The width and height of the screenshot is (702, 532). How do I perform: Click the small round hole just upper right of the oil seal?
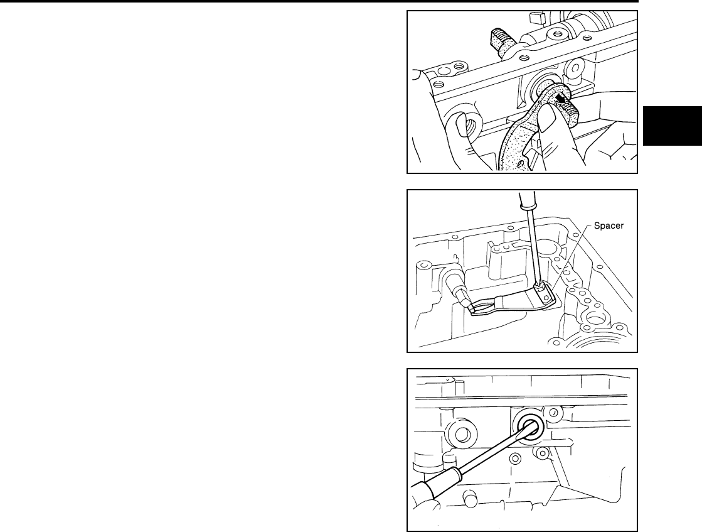tap(553, 412)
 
